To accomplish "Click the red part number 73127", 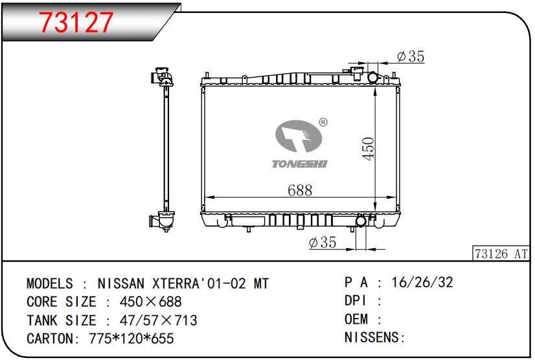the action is point(76,22).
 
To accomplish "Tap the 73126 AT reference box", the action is point(501,254).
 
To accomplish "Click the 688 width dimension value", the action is point(300,190).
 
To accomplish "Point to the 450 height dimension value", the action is point(368,148).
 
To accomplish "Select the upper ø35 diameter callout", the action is point(411,56).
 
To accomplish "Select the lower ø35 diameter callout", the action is point(323,242).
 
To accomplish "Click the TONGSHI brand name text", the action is point(300,164).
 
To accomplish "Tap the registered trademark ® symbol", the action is point(323,122).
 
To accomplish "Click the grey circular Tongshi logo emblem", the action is point(299,136).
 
